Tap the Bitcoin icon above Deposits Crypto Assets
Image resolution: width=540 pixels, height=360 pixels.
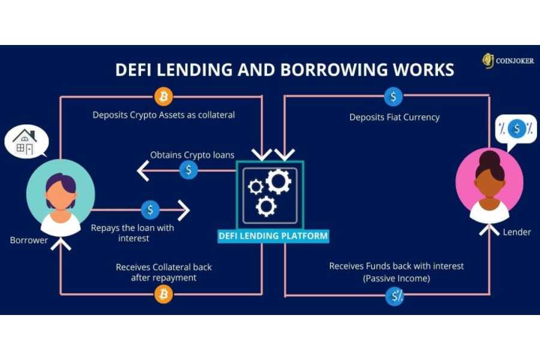click(163, 96)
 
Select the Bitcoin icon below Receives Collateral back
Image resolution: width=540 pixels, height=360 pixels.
click(163, 294)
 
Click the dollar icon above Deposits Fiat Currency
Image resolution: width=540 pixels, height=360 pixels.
click(394, 96)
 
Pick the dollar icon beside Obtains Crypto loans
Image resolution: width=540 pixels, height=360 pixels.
click(188, 170)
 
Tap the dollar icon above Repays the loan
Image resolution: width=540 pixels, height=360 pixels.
click(150, 210)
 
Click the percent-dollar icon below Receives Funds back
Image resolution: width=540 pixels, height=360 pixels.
click(395, 296)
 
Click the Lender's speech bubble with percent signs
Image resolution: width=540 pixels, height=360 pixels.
click(515, 130)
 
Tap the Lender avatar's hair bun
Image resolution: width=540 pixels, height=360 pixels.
click(490, 157)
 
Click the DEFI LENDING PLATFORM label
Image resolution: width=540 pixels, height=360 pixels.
click(273, 236)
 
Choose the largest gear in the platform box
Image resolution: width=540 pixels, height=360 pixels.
click(278, 181)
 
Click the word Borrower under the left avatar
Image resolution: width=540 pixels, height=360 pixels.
click(29, 240)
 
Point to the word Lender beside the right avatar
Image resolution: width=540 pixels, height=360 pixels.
click(517, 232)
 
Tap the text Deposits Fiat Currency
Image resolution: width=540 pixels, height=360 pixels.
click(394, 117)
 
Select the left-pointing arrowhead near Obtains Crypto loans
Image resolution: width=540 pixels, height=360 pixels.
click(143, 172)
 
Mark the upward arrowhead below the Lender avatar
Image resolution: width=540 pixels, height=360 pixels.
click(489, 228)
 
